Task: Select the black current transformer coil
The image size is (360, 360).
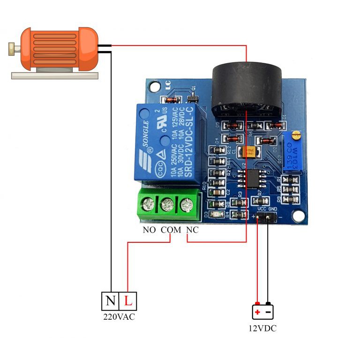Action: click(247, 89)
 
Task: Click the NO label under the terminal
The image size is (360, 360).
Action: click(149, 230)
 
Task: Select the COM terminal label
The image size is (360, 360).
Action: click(171, 230)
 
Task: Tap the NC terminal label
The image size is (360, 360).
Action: click(193, 230)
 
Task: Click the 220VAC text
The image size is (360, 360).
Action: click(119, 317)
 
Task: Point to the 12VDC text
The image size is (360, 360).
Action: click(262, 328)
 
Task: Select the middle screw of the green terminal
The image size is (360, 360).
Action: click(167, 204)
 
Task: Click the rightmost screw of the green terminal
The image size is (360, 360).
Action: click(187, 204)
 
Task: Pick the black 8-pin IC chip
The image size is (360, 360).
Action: click(248, 178)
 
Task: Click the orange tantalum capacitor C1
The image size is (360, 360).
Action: click(247, 151)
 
